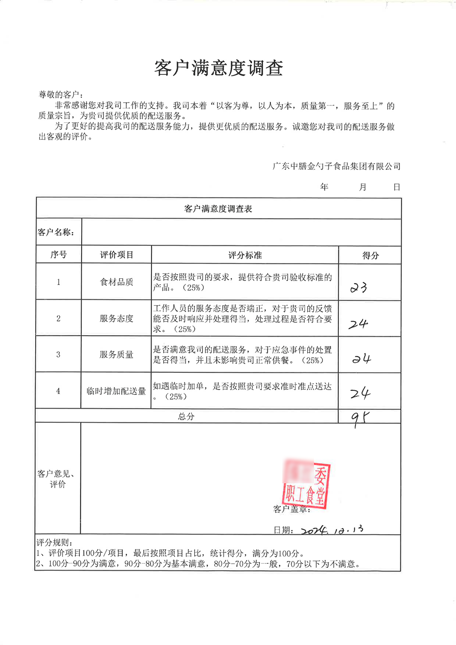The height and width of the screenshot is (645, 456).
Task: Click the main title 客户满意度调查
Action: click(218, 68)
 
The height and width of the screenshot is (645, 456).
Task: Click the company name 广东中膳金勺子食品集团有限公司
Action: click(337, 166)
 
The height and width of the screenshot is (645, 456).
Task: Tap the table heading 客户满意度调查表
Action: click(218, 209)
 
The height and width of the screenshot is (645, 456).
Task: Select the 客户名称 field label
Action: click(56, 232)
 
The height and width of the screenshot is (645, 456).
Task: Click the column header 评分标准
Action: click(245, 255)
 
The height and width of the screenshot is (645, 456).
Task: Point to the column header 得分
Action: click(370, 255)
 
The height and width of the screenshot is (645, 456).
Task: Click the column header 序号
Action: click(58, 255)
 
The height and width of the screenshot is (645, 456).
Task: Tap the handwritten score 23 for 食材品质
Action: click(358, 288)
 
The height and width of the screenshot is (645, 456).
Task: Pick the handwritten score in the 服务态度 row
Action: click(358, 324)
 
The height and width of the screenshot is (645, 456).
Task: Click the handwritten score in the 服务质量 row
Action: click(361, 359)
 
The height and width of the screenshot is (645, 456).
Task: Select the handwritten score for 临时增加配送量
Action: click(360, 393)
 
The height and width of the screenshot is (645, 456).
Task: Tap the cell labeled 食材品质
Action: click(116, 282)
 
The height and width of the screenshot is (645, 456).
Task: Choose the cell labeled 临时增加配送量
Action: click(116, 391)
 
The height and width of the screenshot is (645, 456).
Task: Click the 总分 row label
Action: click(186, 416)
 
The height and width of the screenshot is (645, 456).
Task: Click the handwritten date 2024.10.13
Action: click(332, 530)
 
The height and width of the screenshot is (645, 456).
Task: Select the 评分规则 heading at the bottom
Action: click(54, 542)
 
